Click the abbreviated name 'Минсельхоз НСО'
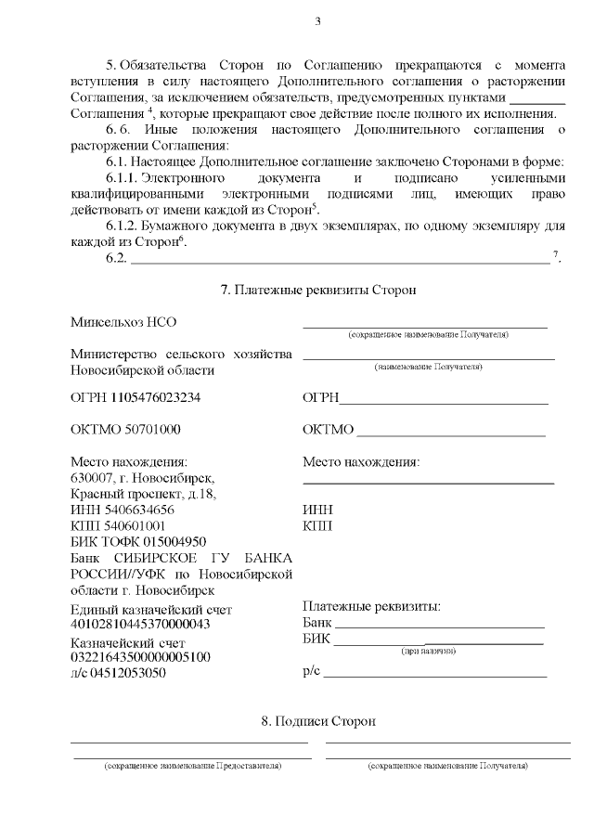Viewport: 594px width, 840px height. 123,322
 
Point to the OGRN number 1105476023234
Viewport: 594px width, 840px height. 155,398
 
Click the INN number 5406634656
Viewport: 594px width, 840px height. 135,510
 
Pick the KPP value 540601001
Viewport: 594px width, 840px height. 135,525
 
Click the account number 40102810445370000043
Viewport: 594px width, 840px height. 141,624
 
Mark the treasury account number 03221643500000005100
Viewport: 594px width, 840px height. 141,657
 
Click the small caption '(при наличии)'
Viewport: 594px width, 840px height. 428,652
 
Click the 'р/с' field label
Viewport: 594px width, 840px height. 311,670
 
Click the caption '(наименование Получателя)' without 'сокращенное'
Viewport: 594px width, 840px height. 428,367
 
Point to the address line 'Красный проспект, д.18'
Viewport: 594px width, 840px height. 144,494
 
